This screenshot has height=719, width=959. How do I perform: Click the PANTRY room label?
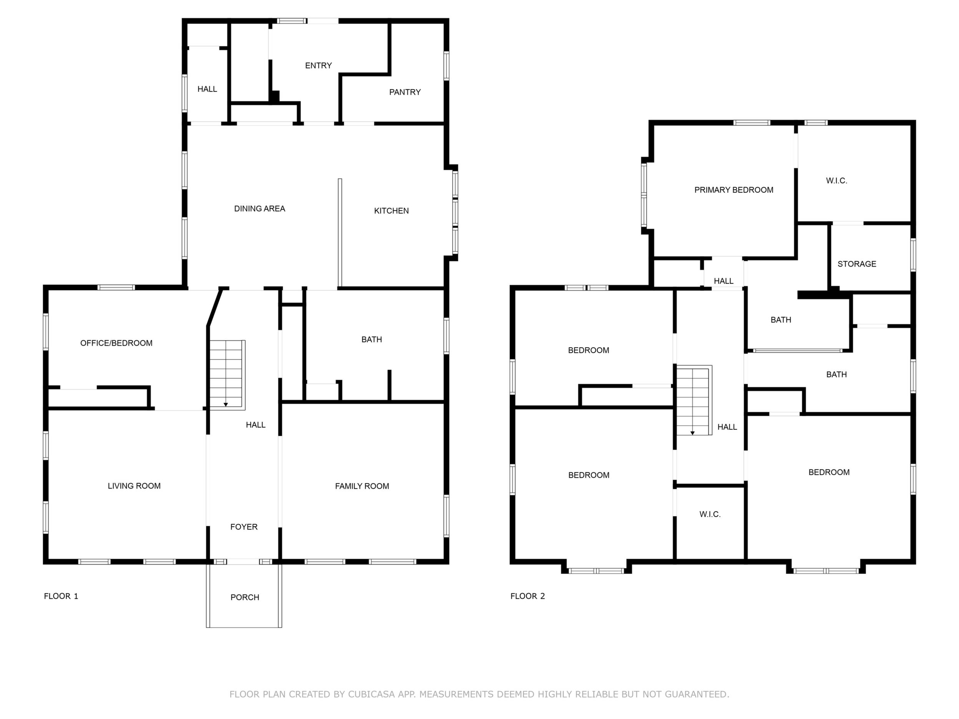pos(405,92)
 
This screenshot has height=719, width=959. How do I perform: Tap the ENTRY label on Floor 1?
pos(318,65)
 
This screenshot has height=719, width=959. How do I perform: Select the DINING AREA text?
pos(260,209)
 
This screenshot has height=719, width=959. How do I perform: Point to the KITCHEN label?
pos(392,210)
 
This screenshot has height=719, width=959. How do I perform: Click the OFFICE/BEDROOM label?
pos(116,343)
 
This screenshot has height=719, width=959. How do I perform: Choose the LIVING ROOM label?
pos(134,486)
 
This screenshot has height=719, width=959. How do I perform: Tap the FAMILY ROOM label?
pos(362,486)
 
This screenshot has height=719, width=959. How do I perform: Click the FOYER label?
pos(244,527)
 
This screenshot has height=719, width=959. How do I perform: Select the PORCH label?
pos(245,597)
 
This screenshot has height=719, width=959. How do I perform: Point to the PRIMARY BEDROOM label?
pos(734,190)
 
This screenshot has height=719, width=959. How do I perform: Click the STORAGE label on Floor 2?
pos(857,264)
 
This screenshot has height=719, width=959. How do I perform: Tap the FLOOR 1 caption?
pos(61,596)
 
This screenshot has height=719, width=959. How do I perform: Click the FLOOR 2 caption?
pos(528,596)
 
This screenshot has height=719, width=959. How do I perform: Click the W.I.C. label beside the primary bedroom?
pos(837,181)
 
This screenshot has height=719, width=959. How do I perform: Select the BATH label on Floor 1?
pos(372,340)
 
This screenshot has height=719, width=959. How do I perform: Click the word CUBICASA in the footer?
pos(372,694)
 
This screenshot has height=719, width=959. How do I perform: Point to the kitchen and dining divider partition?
pos(340,233)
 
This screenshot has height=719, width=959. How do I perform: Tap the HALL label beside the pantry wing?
pos(207,89)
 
